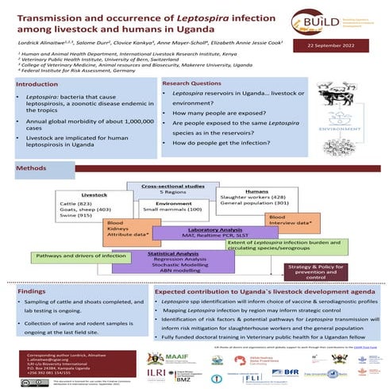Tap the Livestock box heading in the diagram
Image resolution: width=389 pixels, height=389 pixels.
(x=94, y=194)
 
